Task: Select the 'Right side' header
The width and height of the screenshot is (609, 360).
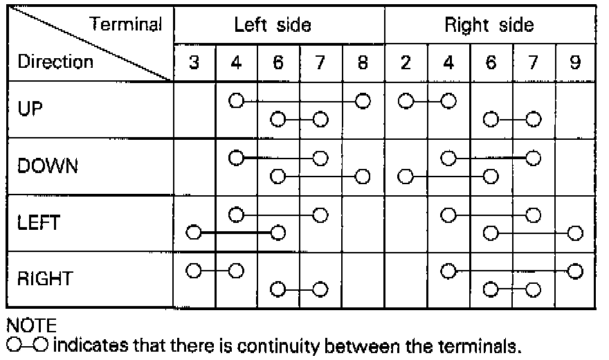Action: click(489, 26)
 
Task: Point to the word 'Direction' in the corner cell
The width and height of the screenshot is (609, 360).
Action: click(55, 62)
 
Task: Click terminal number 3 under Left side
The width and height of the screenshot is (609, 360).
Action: click(194, 62)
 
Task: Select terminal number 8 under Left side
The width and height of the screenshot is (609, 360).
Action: click(363, 62)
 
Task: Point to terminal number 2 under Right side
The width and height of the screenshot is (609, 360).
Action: click(406, 62)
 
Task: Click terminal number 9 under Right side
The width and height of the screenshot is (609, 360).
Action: click(575, 62)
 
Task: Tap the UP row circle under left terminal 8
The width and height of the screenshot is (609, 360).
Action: click(362, 101)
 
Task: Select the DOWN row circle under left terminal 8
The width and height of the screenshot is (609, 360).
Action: click(362, 177)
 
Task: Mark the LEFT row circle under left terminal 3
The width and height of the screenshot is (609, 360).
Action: click(194, 232)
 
